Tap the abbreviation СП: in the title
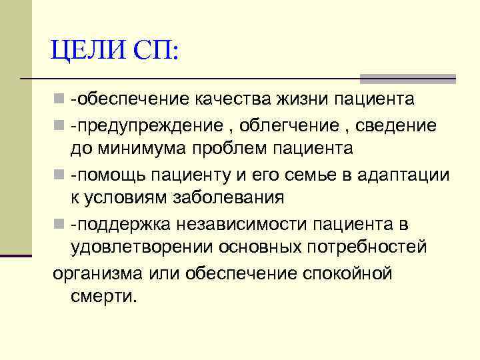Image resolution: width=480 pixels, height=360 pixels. [155, 50]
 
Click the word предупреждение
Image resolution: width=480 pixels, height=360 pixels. [150, 125]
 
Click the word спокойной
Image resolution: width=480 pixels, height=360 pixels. [347, 272]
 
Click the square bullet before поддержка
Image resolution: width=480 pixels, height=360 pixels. [59, 224]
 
